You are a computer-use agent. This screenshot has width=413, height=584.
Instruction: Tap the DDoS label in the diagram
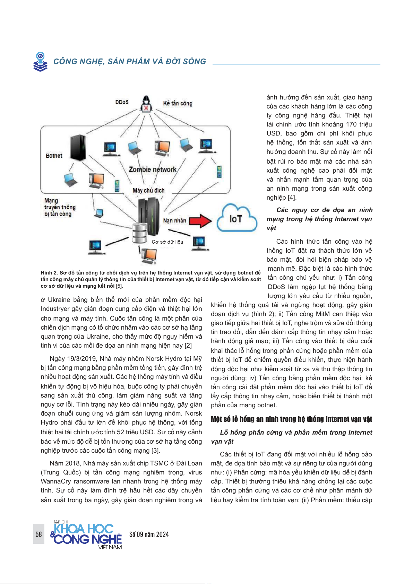pos(122,102)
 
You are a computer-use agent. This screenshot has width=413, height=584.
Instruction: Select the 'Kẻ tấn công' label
pos(178,103)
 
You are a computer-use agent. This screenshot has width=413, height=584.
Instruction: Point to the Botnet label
pos(54,156)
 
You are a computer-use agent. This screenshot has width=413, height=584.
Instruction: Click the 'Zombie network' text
pos(153,169)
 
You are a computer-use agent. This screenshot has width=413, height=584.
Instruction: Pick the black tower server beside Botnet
pos(78,147)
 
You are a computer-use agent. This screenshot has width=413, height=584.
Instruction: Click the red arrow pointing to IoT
pos(200,221)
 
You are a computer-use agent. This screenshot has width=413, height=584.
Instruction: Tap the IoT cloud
pos(236,219)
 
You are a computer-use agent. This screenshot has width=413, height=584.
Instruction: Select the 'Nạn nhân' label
pos(174,220)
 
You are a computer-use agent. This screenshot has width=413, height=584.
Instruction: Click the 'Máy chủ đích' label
pos(148,190)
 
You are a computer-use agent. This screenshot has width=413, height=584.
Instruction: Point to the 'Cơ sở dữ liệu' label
pos(167,242)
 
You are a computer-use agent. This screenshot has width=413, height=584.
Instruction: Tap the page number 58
pos(38,534)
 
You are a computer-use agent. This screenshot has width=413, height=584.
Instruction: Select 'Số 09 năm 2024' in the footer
pos(149,534)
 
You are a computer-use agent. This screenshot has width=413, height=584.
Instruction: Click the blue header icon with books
pos(41,62)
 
